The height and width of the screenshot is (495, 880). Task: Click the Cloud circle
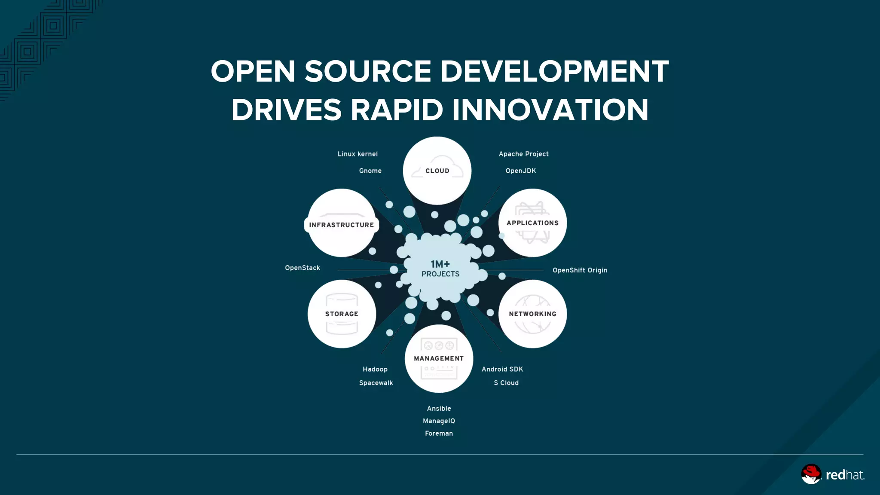437,171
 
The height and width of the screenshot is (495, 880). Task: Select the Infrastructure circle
342,223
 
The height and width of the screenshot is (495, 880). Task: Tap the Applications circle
532,223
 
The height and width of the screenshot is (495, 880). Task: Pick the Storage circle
342,314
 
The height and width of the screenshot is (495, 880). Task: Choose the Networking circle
532,314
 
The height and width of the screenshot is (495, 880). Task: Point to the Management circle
439,358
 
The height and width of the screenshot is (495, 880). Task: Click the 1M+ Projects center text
440,269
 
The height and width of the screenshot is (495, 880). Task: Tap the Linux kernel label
357,154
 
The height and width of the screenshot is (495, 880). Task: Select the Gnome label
370,171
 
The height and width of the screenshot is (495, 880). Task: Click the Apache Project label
523,154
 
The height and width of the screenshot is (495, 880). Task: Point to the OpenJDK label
520,171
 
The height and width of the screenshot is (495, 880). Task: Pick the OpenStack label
302,268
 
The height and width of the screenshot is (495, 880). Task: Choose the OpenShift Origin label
580,270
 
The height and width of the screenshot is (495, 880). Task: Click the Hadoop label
375,369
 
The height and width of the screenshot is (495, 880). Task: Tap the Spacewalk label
376,383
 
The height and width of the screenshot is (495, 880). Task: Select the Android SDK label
502,369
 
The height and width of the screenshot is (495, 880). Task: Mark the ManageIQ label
439,421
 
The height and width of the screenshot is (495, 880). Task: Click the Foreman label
439,434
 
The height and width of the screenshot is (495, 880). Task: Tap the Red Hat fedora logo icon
811,474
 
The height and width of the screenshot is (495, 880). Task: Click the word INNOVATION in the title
550,110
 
